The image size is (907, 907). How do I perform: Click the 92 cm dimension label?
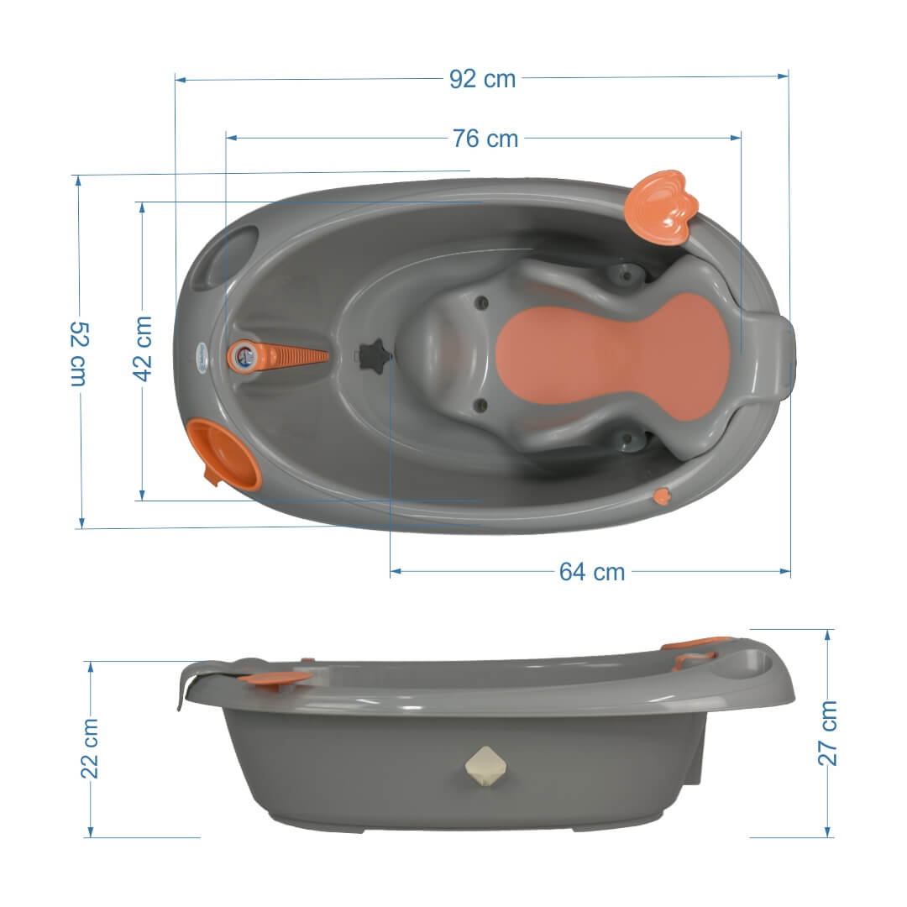[482, 79]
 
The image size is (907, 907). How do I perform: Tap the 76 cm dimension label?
[485, 139]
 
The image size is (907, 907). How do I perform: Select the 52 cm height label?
[79, 354]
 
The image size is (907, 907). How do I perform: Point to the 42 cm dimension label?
[142, 349]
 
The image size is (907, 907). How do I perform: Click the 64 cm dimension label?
[592, 572]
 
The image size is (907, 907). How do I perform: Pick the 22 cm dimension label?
[90, 749]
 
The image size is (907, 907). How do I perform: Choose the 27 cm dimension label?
[827, 733]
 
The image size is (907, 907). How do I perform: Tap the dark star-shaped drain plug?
[373, 356]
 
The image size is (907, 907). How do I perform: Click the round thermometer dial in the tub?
[244, 356]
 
